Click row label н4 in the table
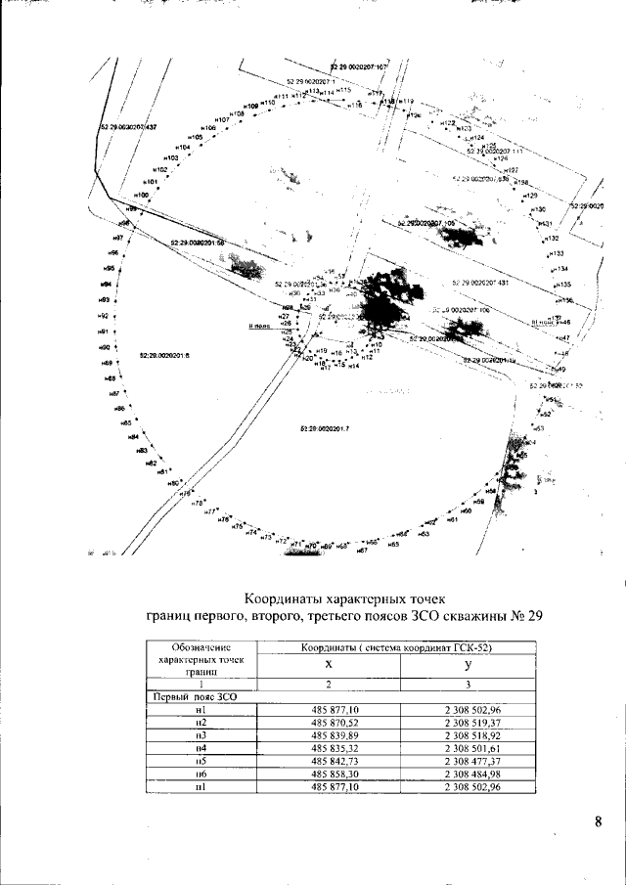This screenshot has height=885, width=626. (200, 747)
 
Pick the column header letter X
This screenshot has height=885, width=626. (329, 663)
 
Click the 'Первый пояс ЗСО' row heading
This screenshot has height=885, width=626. (185, 696)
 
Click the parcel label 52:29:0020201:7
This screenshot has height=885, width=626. (326, 429)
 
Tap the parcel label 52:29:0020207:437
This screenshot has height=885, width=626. (128, 127)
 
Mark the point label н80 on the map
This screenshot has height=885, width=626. (172, 483)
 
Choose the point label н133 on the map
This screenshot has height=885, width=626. (558, 252)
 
